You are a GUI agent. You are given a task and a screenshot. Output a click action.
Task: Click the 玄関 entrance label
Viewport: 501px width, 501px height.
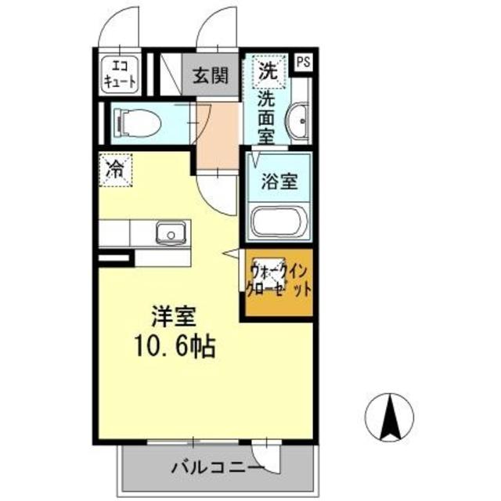[x=211, y=75]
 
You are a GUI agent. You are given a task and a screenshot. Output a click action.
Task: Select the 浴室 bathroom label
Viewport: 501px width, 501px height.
[x=279, y=182]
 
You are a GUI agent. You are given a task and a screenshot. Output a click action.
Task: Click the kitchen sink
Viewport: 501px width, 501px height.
[x=169, y=232]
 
